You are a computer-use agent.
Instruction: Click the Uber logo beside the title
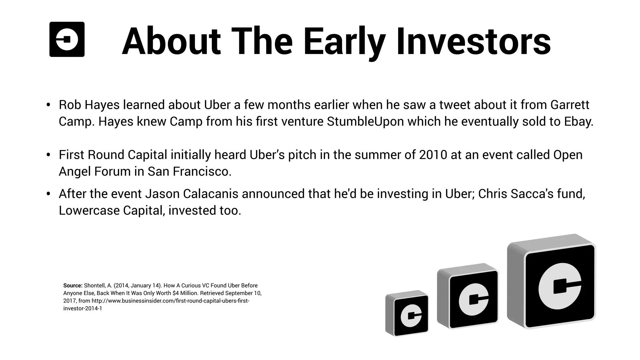[x=67, y=39]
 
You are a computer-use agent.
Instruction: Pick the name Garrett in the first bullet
[x=570, y=105]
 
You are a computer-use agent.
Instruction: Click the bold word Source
[x=72, y=285]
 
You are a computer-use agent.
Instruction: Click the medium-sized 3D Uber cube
[x=468, y=296]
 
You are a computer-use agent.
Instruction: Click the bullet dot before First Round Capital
[x=48, y=155]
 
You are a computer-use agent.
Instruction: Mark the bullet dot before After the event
[x=48, y=194]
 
